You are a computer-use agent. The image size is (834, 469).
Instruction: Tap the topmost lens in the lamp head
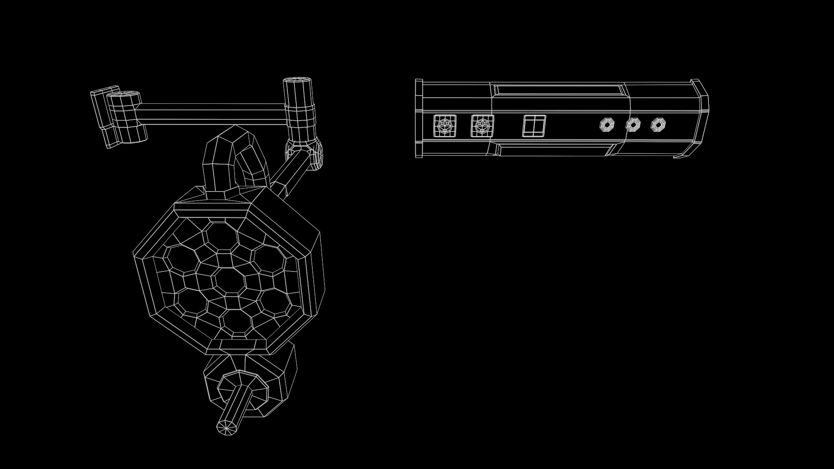point(221,237)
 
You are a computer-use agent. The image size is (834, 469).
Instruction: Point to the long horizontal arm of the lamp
point(213,114)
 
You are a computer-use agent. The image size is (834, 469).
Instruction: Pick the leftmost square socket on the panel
point(445,126)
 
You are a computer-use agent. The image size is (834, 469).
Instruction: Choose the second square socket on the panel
point(482,126)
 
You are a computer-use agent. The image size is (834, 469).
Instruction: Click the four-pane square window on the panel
point(534,126)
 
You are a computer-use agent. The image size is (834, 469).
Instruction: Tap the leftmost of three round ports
point(607,125)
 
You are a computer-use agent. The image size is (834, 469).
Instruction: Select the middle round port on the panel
point(633,125)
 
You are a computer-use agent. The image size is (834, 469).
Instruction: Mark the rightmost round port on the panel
point(658,125)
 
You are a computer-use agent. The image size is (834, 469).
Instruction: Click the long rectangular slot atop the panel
point(559,91)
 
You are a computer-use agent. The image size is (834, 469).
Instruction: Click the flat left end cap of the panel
point(419,118)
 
